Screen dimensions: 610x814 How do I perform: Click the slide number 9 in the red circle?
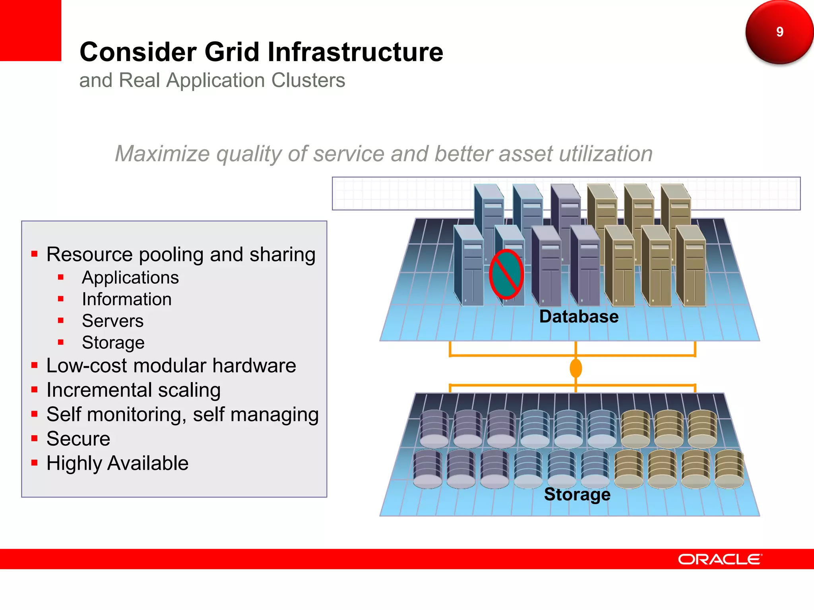(x=779, y=32)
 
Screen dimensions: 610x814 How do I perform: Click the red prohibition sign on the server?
(x=506, y=274)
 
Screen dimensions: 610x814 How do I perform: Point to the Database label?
(x=579, y=317)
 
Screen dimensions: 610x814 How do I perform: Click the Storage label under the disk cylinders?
(x=577, y=494)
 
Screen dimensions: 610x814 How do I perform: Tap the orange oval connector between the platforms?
(x=576, y=368)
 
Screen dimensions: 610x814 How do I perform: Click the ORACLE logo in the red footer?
(x=719, y=559)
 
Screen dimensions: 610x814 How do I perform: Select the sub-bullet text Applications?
(x=130, y=278)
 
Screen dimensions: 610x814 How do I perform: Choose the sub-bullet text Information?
(x=127, y=299)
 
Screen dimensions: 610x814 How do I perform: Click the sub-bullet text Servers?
(x=112, y=321)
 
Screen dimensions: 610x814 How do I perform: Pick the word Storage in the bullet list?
(x=113, y=343)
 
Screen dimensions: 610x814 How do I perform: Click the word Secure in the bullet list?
(x=78, y=439)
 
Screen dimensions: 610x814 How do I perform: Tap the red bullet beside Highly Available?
(x=35, y=463)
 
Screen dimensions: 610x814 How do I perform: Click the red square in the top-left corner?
(x=30, y=30)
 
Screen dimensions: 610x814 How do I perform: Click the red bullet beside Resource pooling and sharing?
(x=35, y=254)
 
